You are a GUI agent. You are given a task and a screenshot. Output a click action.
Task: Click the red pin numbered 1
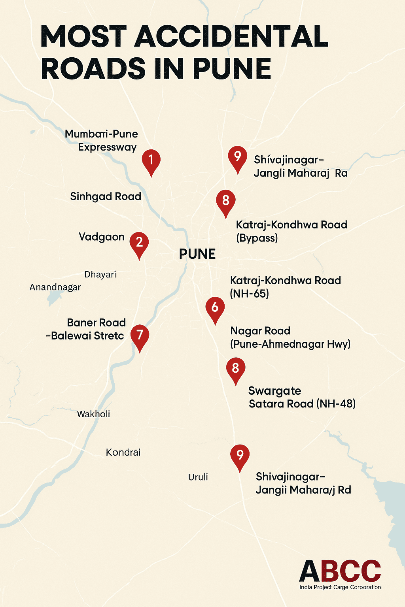(151, 160)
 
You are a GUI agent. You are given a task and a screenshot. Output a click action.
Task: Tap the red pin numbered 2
(139, 243)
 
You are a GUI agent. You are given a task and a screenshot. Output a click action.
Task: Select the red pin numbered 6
(215, 308)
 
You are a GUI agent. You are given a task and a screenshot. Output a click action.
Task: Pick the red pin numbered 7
(140, 336)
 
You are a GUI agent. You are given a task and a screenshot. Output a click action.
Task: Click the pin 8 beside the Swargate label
(235, 369)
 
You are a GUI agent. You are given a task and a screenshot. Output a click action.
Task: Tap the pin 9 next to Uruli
(240, 455)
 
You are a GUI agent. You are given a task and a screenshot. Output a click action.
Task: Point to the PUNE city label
(197, 254)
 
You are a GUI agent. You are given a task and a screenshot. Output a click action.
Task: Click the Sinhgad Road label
(106, 196)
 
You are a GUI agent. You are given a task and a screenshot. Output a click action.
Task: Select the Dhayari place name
(100, 275)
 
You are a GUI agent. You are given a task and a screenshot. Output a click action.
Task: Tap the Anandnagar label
(55, 287)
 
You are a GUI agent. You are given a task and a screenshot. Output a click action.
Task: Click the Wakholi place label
(93, 414)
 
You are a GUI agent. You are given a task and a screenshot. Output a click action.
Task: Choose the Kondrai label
(123, 452)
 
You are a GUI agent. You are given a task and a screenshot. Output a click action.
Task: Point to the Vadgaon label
(102, 237)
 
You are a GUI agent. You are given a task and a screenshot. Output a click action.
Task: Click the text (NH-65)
(250, 294)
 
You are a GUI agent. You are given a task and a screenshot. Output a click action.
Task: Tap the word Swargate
(274, 391)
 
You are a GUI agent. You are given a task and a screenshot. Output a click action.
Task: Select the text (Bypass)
(257, 238)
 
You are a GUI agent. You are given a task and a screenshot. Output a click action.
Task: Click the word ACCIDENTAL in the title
(231, 36)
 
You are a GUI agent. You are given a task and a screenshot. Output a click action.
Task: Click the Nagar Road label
(260, 331)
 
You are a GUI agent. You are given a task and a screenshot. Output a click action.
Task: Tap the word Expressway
(107, 147)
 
